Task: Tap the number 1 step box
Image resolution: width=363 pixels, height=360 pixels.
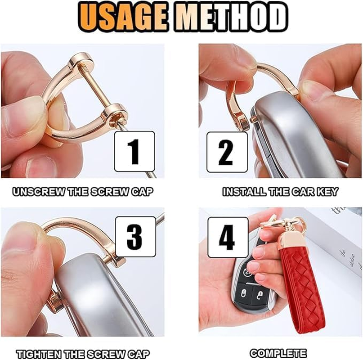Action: tap(134, 152)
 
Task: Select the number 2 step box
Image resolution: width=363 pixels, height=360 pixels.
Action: tap(227, 152)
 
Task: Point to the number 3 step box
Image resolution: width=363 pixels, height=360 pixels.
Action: tap(135, 237)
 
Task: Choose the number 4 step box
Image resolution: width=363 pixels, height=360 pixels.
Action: tap(228, 238)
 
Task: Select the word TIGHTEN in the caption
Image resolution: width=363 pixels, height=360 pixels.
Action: tap(39, 355)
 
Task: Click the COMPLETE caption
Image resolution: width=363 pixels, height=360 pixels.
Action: tap(278, 354)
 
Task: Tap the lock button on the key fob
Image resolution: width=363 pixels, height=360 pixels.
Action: tap(244, 293)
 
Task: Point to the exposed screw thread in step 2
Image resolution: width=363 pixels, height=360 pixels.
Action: tap(253, 120)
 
